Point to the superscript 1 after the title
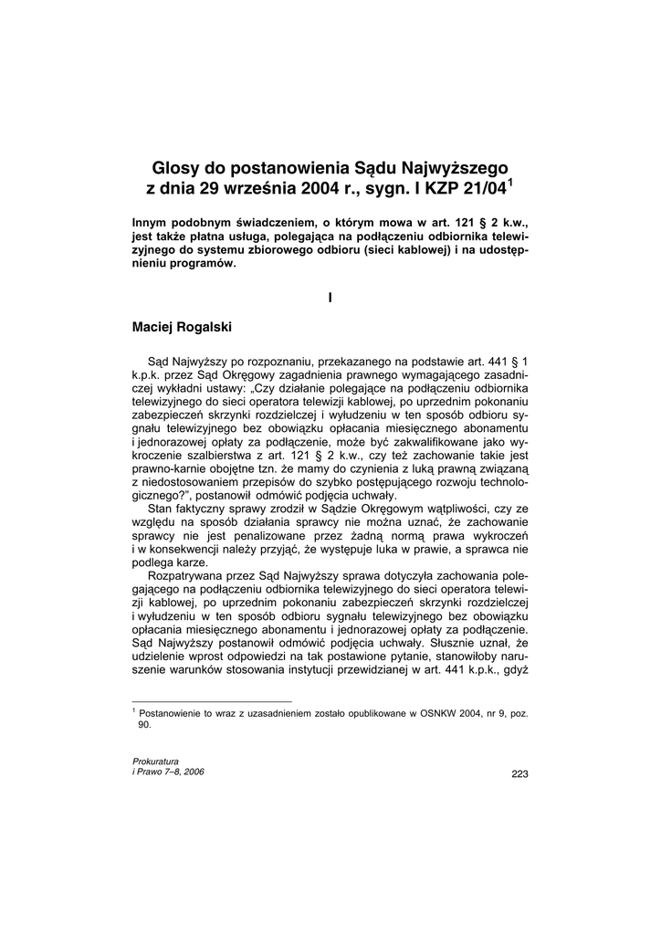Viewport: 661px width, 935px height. coord(511,183)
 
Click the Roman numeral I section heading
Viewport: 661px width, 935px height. coord(330,296)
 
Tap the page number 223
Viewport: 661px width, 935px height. coord(519,774)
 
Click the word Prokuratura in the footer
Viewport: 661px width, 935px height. coord(156,761)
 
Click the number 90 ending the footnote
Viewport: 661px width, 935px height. coord(144,724)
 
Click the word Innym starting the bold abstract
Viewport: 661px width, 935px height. coord(152,222)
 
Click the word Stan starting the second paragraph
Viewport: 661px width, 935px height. coord(161,507)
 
